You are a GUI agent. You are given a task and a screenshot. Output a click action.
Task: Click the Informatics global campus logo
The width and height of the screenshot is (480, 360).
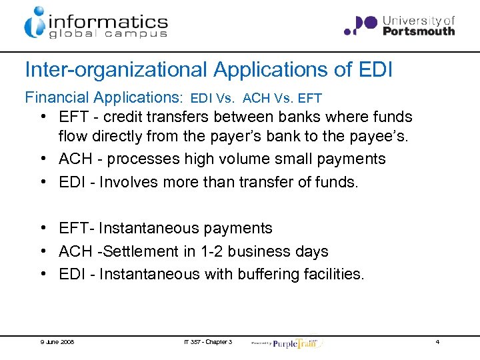(96, 23)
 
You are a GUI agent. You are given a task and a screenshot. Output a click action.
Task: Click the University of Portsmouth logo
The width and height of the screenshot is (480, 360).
(399, 25)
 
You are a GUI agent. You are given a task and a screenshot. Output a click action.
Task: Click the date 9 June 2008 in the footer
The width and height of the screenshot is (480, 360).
(57, 342)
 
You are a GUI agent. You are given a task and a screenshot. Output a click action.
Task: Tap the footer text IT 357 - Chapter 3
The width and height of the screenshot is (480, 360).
(208, 342)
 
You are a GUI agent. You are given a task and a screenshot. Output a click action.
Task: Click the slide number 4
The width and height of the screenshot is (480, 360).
(437, 342)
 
